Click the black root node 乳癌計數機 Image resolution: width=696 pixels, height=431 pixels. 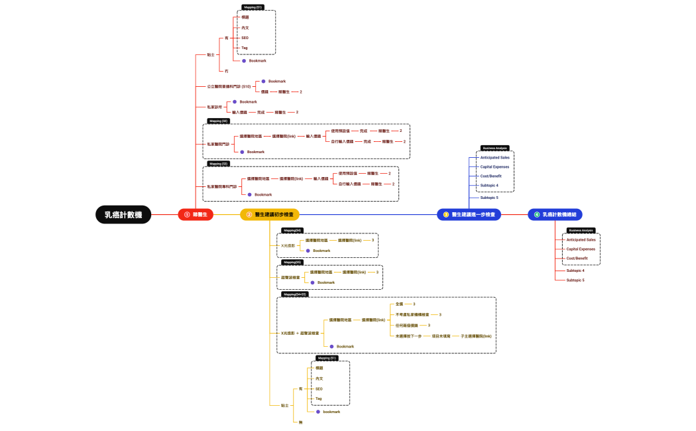(123, 214)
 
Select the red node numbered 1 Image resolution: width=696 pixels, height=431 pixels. (196, 214)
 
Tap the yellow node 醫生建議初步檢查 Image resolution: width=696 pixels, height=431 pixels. (270, 214)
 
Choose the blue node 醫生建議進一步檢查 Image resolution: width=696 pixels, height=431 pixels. (469, 214)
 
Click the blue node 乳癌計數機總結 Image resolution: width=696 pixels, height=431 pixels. (555, 214)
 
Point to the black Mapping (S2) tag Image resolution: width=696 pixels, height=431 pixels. (219, 121)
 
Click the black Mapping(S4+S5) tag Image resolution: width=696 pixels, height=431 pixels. (294, 294)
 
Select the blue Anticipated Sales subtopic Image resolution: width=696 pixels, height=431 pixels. (495, 157)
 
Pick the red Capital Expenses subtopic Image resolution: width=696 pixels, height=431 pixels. (581, 249)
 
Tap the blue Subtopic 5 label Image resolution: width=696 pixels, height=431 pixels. (489, 198)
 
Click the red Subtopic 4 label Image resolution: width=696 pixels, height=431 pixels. (575, 271)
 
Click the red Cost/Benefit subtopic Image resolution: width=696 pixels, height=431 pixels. (577, 258)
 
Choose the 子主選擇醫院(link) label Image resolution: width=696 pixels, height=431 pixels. (476, 336)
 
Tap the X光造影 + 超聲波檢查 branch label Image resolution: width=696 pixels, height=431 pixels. (300, 333)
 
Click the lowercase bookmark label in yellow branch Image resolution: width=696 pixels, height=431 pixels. (331, 412)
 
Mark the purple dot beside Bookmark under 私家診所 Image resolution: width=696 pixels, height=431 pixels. (234, 101)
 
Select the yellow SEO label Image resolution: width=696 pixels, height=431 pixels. (319, 389)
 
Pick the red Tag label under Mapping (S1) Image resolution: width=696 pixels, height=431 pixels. (245, 48)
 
